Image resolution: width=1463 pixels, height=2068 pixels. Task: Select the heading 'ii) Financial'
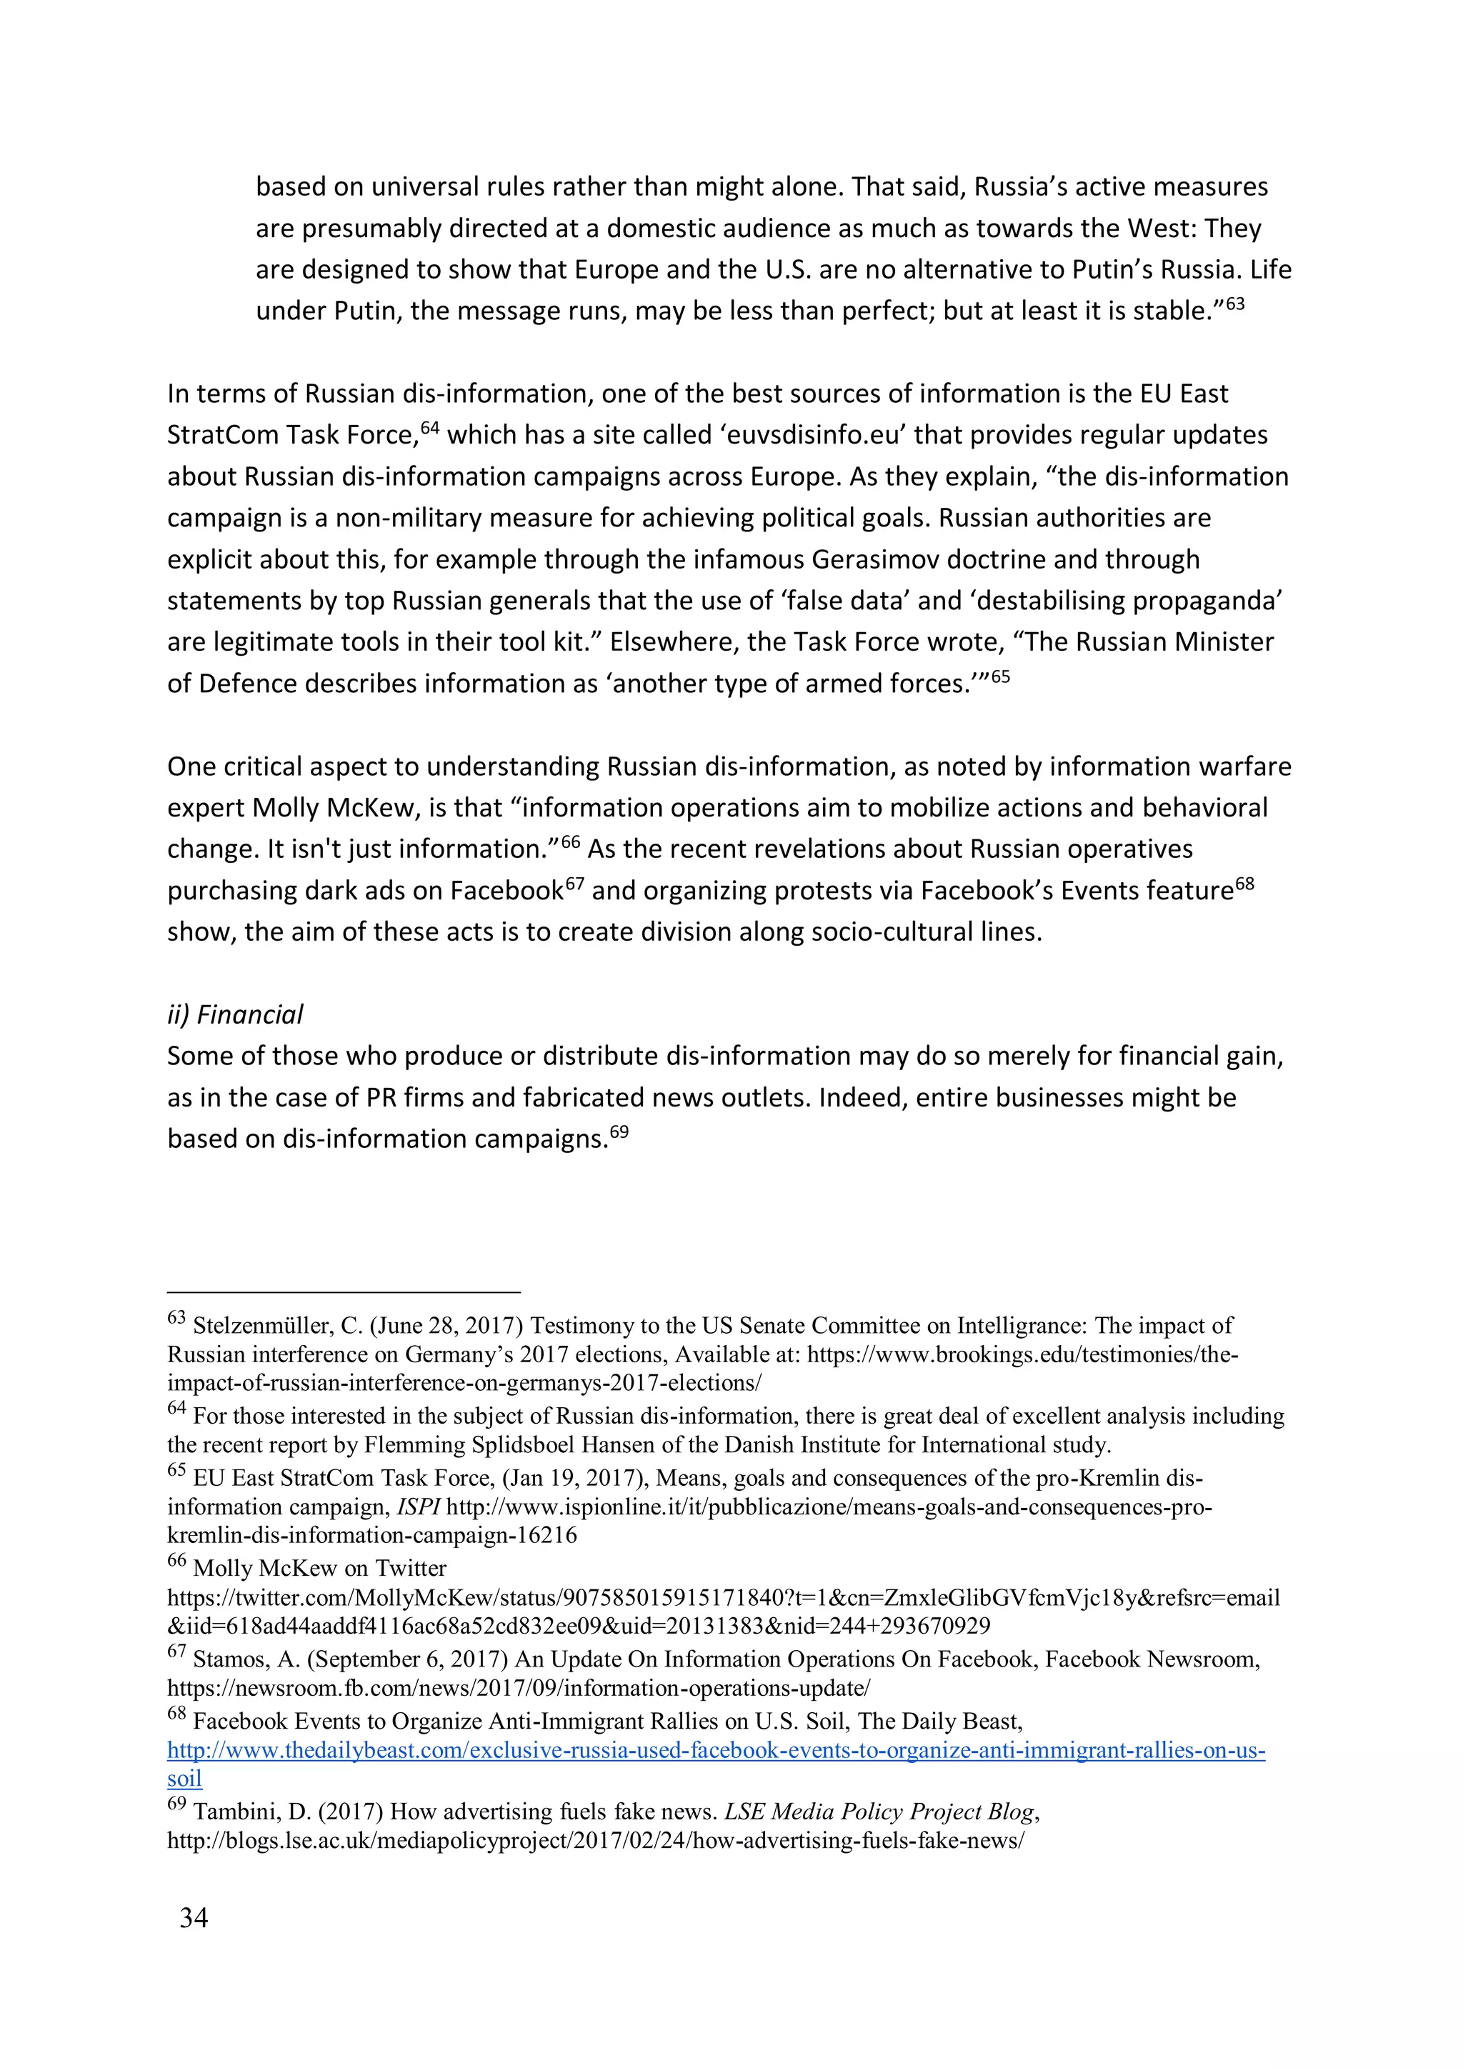pyautogui.click(x=235, y=1014)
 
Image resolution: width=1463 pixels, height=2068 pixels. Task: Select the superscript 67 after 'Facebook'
pyautogui.click(x=575, y=883)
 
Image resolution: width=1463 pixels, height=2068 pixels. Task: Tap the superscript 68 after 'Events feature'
pyautogui.click(x=1244, y=883)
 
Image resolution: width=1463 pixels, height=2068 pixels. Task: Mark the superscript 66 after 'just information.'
pyautogui.click(x=570, y=841)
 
